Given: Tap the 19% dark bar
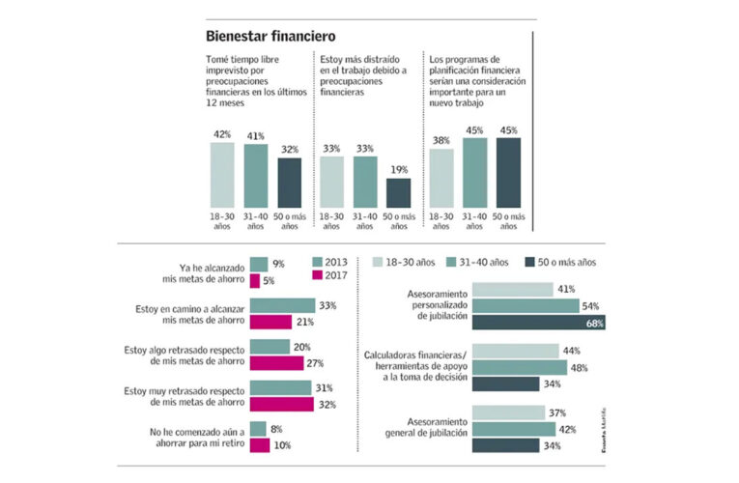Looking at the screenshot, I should [x=398, y=192].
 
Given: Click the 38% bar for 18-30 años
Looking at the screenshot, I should [x=441, y=177].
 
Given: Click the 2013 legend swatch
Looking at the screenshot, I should [x=320, y=263].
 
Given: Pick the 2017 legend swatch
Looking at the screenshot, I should [x=320, y=276].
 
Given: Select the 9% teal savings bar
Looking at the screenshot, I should [x=258, y=264].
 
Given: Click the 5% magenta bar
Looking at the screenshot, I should [x=254, y=280].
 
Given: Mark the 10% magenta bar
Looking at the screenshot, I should [x=259, y=445].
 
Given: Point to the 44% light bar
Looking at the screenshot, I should [x=515, y=351].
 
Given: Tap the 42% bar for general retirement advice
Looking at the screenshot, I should [x=512, y=429].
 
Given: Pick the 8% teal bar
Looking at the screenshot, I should [x=258, y=429].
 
